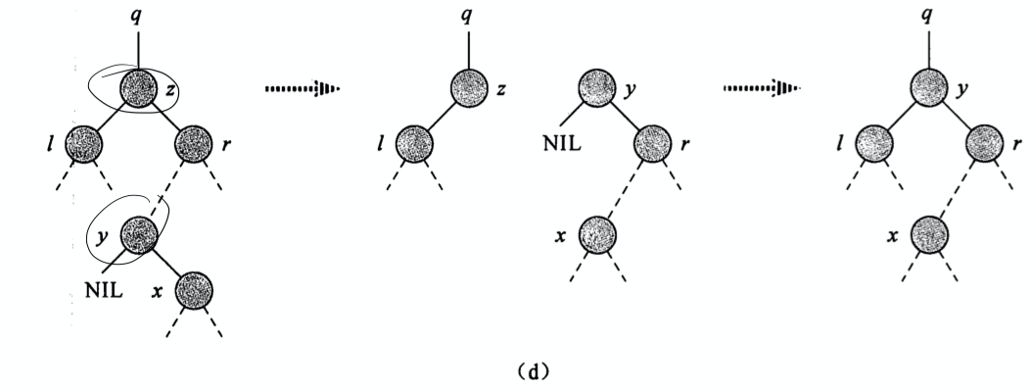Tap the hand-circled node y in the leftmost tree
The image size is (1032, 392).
139,235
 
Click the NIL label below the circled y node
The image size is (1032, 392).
103,290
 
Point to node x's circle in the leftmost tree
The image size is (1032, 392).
194,291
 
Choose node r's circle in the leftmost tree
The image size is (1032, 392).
193,146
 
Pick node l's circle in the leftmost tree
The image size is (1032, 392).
83,146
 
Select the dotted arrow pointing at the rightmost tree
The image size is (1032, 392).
761,89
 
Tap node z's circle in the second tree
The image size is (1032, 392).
470,89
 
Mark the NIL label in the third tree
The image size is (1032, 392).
563,146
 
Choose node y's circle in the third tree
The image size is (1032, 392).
598,89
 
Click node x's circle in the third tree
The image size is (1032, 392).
598,235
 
